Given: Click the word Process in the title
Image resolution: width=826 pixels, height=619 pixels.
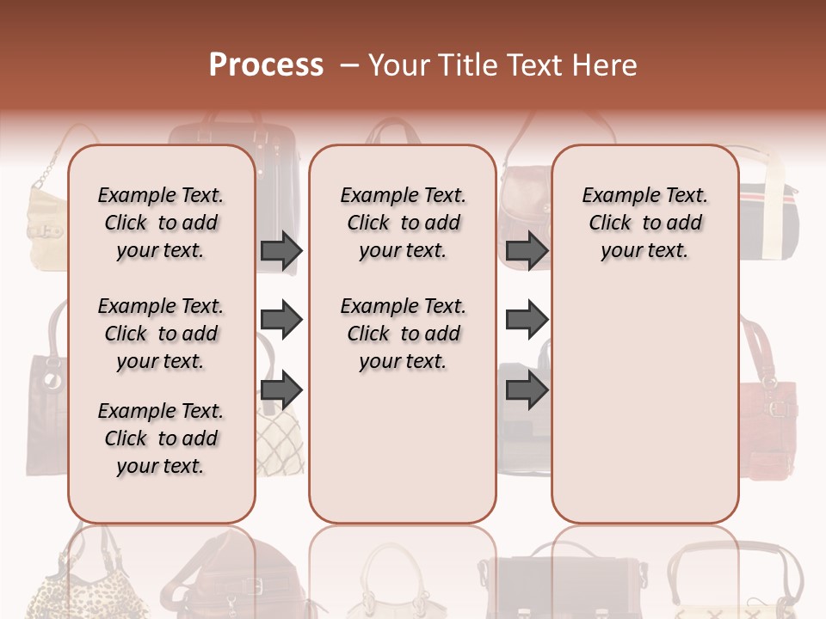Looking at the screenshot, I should [265, 64].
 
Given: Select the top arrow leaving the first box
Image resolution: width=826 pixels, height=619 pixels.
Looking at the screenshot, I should [281, 250].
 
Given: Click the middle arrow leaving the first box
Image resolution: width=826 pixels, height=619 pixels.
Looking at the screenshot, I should [281, 321].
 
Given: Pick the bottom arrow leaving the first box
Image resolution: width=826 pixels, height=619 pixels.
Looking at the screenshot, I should [281, 390].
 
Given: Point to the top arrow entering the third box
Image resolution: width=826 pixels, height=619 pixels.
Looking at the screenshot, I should [527, 250].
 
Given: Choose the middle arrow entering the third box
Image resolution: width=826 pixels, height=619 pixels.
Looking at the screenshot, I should [527, 321].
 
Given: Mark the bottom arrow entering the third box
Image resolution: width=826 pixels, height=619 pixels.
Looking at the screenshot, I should [527, 390].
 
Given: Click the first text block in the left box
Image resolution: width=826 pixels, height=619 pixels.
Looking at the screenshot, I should [161, 223].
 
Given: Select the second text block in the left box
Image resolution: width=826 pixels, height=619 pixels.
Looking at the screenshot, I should [161, 334].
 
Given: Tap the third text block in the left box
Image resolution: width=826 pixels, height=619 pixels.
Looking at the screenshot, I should [161, 438].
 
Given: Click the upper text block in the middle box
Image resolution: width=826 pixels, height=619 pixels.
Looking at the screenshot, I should [403, 223].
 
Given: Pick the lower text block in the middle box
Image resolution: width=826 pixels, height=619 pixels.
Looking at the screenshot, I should [403, 334].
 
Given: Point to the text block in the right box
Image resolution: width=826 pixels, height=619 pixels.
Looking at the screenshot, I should [644, 223].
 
